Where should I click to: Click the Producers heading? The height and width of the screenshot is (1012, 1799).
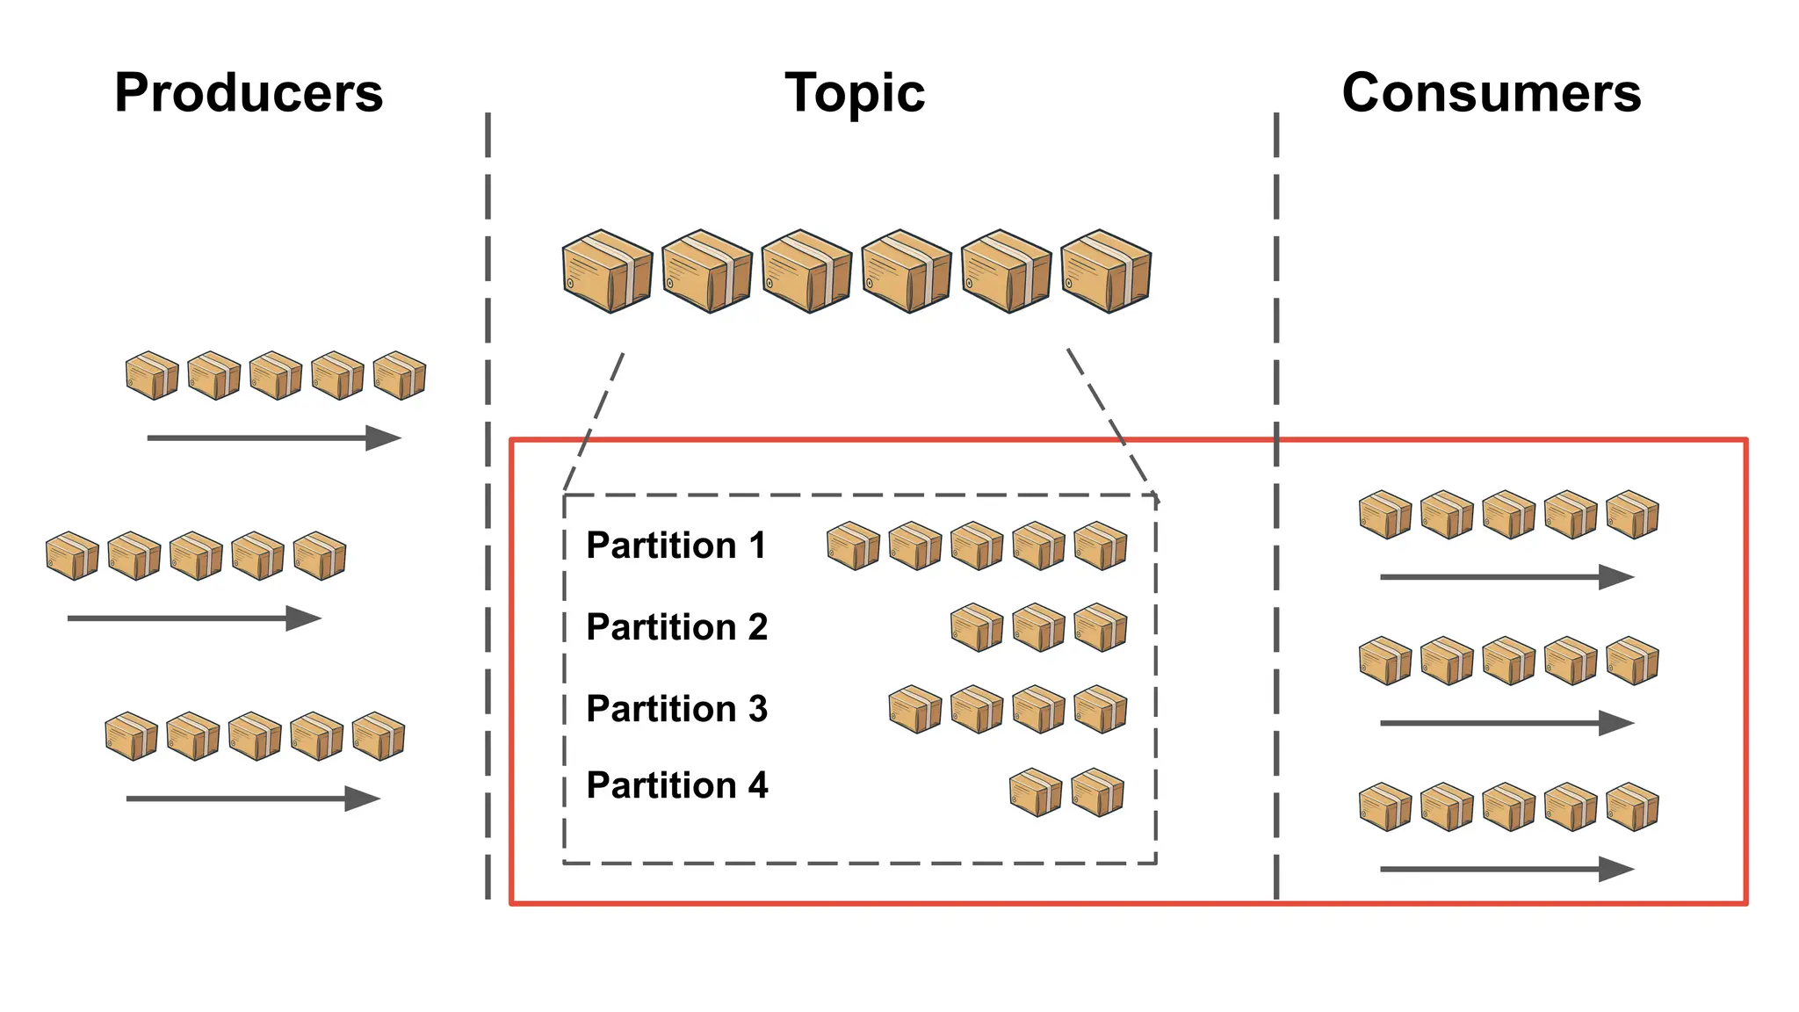point(249,93)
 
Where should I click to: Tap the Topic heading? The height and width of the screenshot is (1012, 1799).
point(855,93)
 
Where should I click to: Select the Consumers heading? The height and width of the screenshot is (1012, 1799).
point(1491,93)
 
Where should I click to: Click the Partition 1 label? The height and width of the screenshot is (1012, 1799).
point(676,546)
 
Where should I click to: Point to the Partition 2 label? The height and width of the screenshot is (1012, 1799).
point(676,627)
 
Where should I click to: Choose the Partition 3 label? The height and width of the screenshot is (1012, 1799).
point(676,709)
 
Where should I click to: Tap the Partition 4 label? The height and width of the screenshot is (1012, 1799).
point(676,785)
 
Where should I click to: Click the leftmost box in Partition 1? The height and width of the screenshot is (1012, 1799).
point(853,546)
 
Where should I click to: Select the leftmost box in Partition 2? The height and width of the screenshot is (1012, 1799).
point(977,627)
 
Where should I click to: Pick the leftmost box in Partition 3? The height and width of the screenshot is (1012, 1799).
point(914,710)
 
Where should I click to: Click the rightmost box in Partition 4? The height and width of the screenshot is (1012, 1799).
point(1097,793)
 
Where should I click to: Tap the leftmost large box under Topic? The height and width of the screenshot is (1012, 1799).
point(607,271)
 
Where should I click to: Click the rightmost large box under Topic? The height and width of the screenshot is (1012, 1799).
point(1106,271)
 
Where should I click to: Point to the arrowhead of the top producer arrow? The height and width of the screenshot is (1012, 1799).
point(385,437)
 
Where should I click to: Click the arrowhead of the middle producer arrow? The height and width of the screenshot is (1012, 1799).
point(305,618)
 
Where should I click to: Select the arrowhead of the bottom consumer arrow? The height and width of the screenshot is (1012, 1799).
point(1617,870)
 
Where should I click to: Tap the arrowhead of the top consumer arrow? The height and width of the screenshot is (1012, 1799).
point(1617,577)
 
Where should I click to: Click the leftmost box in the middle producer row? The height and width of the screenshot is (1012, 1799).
point(72,556)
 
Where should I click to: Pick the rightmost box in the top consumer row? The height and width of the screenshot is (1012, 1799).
point(1632,515)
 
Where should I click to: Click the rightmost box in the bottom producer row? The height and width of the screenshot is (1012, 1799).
point(379,736)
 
